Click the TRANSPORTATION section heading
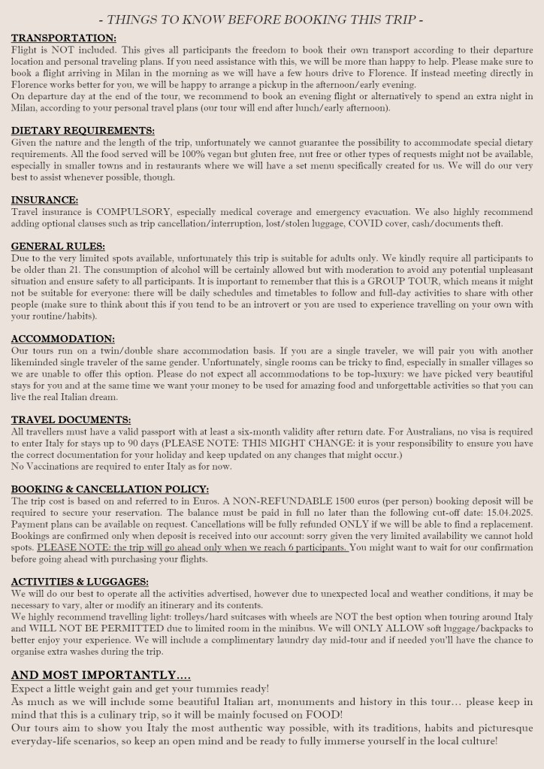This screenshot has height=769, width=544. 63,38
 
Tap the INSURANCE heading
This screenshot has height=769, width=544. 44,200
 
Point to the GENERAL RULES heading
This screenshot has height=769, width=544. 58,246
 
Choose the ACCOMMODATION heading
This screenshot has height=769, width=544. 62,338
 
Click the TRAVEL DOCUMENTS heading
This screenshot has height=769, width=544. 71,419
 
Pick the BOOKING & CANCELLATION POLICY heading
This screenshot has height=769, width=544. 110,489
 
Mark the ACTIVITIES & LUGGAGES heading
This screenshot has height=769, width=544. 80,581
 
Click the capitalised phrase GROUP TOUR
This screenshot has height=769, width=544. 375,281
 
